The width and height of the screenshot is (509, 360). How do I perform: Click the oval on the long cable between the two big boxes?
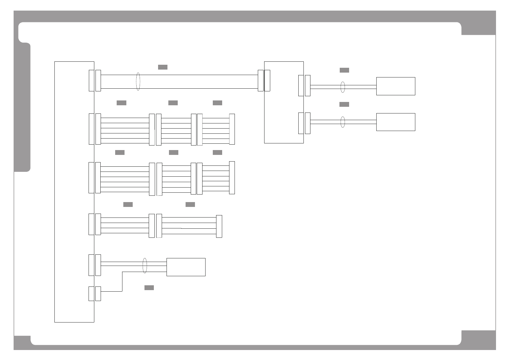(138, 81)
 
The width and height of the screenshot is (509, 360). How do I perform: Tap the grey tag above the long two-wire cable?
(163, 67)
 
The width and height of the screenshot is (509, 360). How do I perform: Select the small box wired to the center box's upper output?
(395, 86)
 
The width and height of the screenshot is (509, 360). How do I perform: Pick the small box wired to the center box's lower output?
(395, 122)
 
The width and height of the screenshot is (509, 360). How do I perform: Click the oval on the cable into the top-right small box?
(342, 87)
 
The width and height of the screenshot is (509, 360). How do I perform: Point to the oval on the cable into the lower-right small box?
(342, 122)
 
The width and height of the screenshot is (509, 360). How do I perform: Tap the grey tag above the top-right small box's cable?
(344, 70)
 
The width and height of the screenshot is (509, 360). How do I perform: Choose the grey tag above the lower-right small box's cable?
(344, 104)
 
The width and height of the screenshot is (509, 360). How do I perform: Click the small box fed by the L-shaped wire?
(186, 267)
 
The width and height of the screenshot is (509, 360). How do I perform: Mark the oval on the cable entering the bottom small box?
(144, 266)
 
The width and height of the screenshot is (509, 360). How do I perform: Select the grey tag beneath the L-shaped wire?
(149, 287)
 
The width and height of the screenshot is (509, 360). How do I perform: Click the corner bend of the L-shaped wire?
(122, 272)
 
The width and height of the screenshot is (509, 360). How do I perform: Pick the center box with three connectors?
(284, 102)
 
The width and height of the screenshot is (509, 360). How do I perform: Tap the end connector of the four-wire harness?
(219, 226)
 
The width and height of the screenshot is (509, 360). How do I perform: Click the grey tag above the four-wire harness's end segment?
(190, 205)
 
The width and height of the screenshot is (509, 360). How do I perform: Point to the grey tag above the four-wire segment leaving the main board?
(128, 205)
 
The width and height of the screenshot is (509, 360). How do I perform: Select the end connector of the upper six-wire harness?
(232, 129)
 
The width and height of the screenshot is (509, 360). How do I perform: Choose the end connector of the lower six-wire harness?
(232, 178)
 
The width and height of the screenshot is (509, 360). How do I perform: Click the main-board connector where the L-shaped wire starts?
(91, 293)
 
